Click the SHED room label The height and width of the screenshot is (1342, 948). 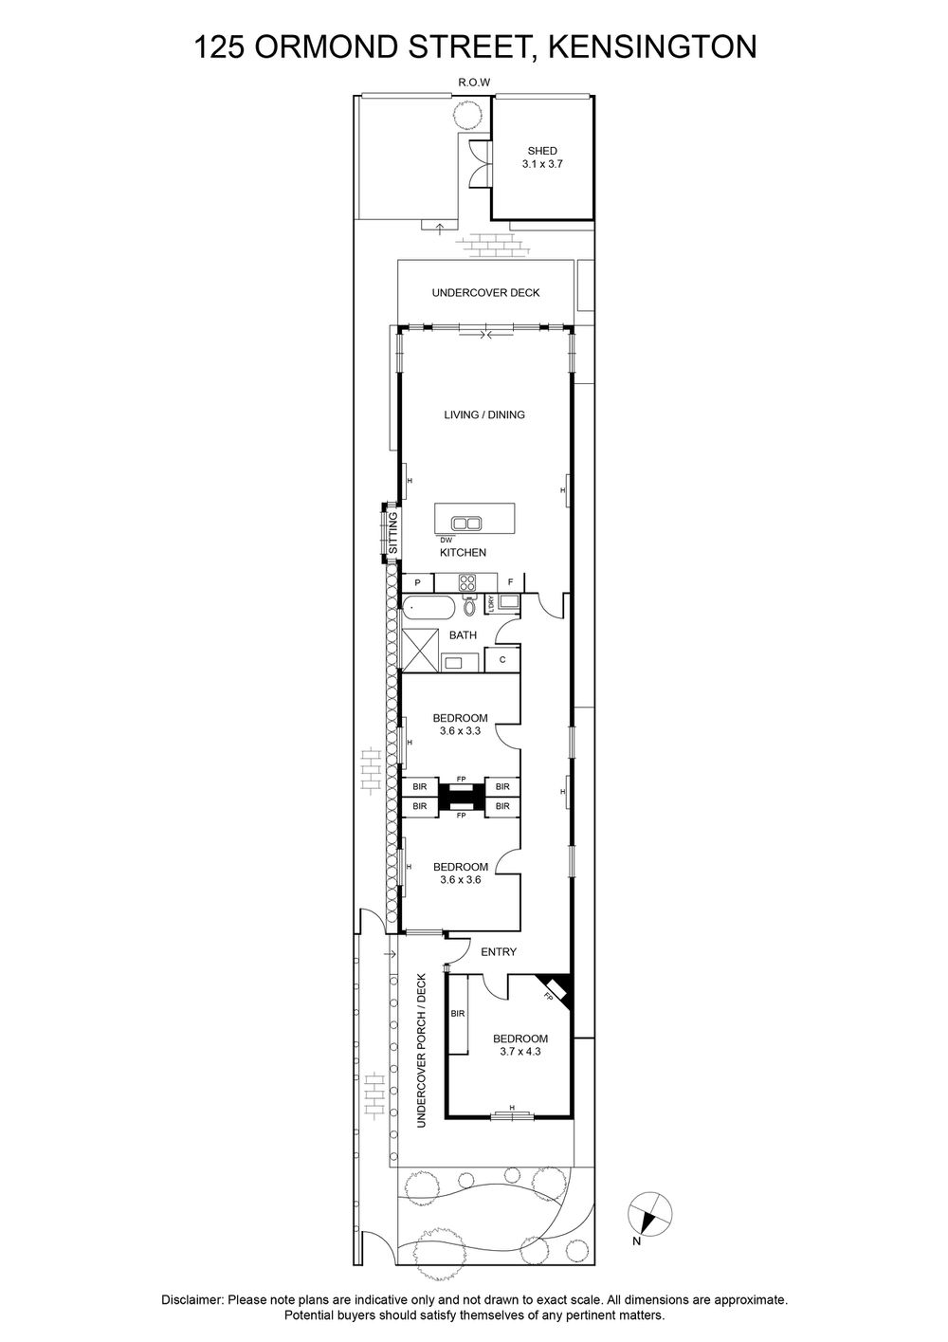pos(542,151)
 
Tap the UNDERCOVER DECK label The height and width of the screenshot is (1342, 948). pos(485,293)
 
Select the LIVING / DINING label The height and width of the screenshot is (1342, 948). pos(484,414)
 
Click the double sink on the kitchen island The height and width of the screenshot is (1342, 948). pos(465,523)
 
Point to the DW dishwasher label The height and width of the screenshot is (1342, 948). pos(447,540)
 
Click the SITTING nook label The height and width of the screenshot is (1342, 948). pos(392,533)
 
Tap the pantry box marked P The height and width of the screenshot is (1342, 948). pos(417,582)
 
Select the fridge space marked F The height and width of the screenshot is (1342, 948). pos(511,581)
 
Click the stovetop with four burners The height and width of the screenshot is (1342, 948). pos(467,581)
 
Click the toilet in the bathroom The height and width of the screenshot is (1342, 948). pos(470,605)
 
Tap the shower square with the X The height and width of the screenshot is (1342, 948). pos(420,650)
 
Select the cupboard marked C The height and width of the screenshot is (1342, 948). pos(502,659)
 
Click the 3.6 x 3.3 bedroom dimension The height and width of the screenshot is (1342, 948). pos(461,731)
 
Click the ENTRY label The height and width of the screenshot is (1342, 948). pos(499,951)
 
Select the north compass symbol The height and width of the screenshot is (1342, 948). pos(649,1213)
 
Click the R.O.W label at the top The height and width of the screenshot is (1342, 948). pos(474,83)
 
